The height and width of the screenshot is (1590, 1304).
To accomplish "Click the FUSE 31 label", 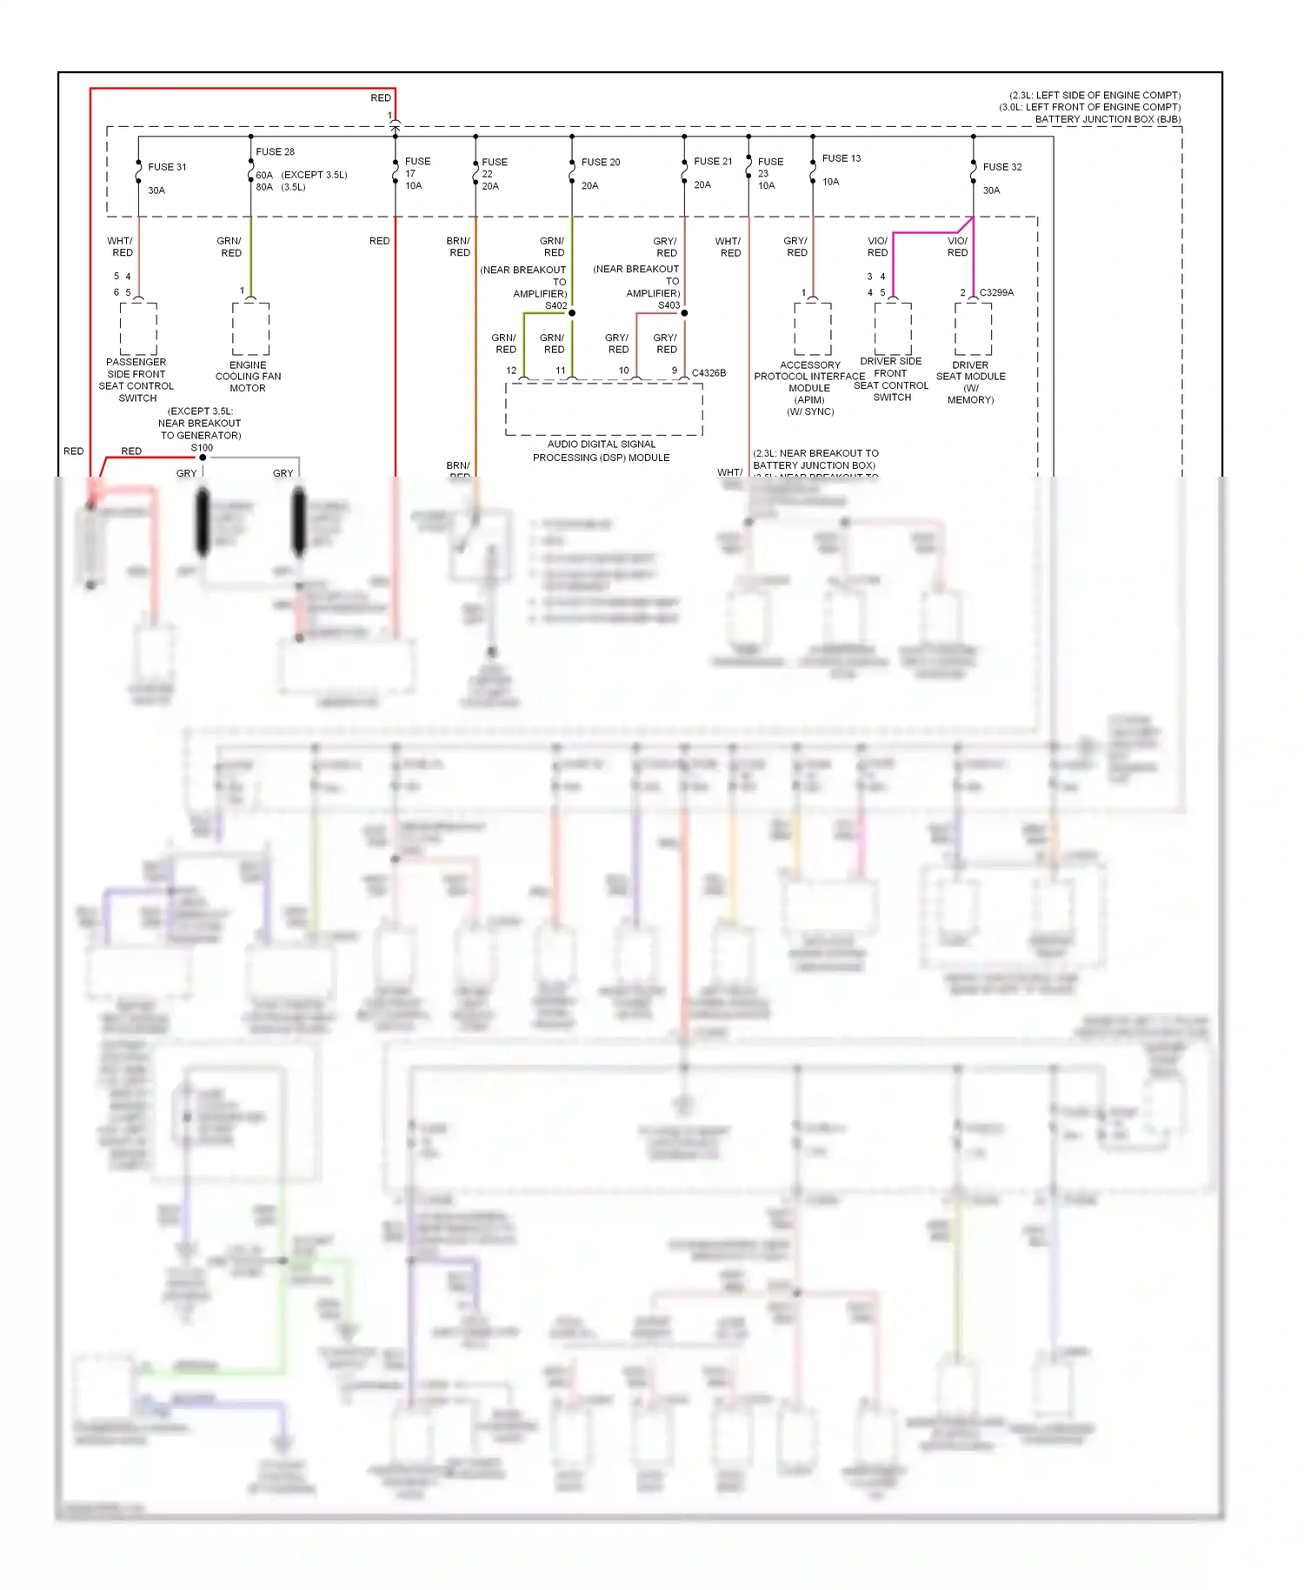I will (x=167, y=167).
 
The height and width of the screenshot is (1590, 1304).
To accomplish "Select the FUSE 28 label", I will (x=275, y=151).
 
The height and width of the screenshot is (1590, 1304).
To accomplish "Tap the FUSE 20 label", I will (x=601, y=163).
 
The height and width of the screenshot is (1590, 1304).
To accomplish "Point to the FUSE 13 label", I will (x=842, y=158).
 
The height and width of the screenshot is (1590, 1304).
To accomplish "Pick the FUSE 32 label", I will (x=1002, y=167).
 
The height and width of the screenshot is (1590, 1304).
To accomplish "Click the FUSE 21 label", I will (x=713, y=162).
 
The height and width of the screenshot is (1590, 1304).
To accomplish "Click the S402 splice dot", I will (x=572, y=313).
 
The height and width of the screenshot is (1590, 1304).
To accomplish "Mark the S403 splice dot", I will (x=684, y=313).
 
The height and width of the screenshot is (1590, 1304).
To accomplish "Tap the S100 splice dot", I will (x=203, y=458).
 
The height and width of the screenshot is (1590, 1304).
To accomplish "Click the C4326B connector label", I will (x=709, y=373).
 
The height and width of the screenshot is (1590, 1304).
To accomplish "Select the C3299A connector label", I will (x=996, y=293).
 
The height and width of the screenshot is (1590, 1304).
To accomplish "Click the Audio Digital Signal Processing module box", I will (x=603, y=409).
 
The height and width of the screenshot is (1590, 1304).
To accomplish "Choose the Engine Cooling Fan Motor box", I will (x=250, y=329).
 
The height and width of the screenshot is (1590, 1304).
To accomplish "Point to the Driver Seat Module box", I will (x=973, y=329).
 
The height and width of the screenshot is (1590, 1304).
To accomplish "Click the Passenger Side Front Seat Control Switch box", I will (x=138, y=329).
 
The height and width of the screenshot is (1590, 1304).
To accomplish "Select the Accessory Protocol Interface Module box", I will (x=812, y=329).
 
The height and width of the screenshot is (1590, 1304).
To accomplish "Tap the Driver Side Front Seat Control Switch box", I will (x=893, y=329).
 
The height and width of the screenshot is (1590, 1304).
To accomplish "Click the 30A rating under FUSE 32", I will (x=991, y=190).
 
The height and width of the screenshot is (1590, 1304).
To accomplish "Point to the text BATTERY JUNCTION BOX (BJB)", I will (x=1108, y=119).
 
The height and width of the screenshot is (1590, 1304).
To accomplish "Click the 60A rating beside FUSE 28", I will (x=264, y=175).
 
